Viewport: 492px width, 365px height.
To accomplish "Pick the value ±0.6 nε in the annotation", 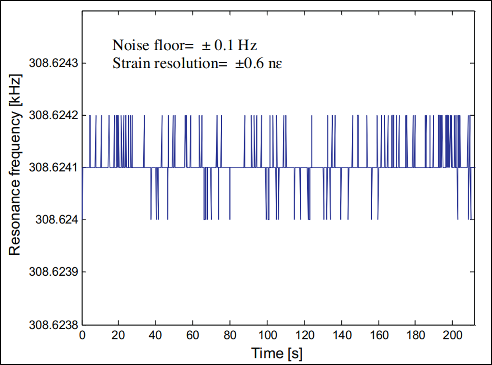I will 259,64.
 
